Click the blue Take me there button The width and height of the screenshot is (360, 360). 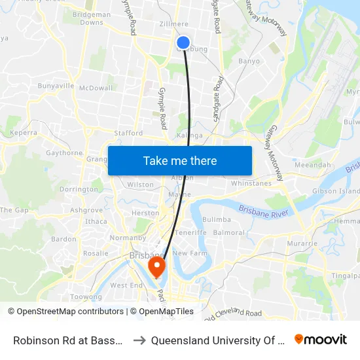coord(180,160)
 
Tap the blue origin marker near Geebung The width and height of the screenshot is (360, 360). coord(183,43)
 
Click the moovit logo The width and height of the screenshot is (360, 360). coord(321,339)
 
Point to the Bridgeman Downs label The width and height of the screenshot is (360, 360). coord(92,18)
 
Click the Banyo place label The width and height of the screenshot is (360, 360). coord(249,62)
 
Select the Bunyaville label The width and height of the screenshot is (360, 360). coord(56,86)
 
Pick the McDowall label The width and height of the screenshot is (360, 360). coord(96,88)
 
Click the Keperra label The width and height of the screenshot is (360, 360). coord(23,132)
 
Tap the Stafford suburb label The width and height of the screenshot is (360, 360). coord(128,133)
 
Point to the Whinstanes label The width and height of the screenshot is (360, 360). coord(251,184)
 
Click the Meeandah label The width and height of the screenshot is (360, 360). coord(312,166)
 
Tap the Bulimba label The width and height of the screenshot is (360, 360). coord(217,220)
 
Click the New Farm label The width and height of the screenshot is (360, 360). coord(190,253)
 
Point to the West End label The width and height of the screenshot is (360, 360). coord(126,285)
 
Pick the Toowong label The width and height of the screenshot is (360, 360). coord(86,297)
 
